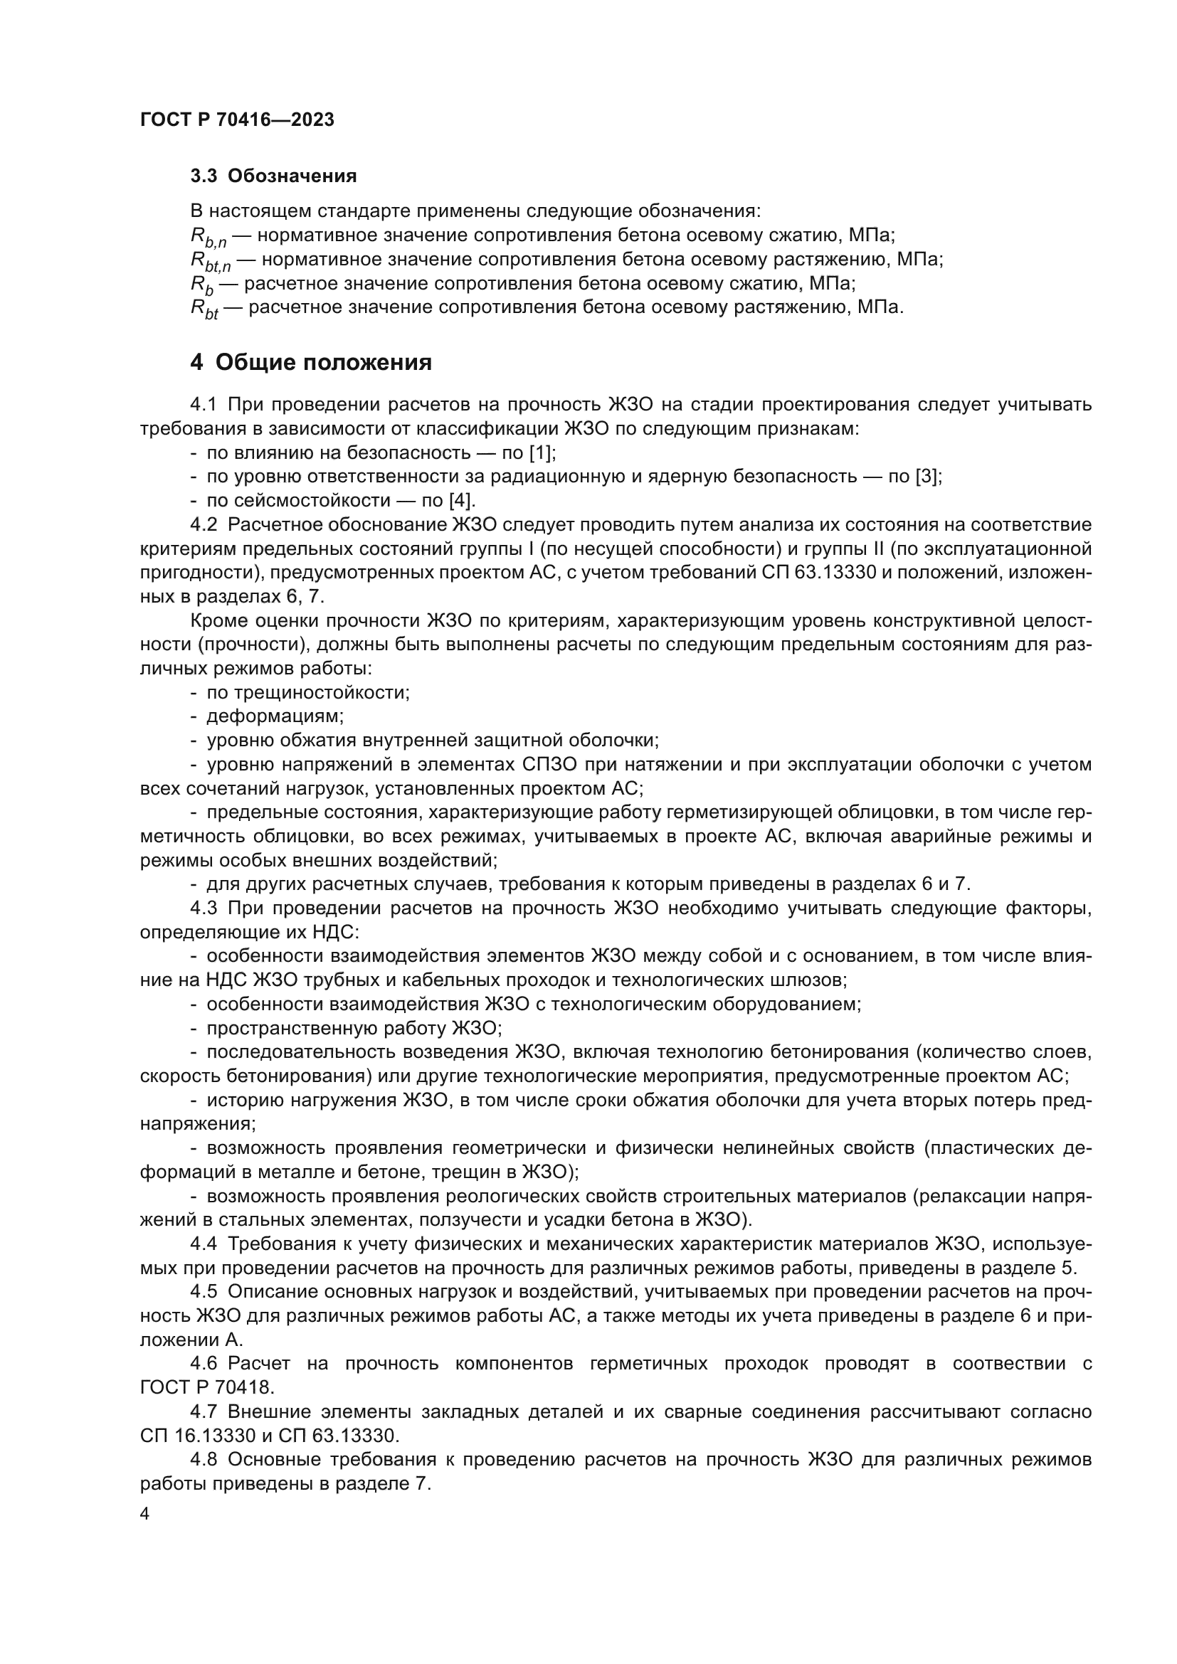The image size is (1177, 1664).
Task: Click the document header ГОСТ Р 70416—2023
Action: [237, 120]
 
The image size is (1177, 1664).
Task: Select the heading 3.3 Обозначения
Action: [273, 176]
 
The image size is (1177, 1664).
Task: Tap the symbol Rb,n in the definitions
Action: [208, 237]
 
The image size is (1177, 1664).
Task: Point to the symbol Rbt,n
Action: [210, 261]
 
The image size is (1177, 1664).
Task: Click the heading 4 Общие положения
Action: [311, 362]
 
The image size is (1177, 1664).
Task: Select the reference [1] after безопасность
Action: [541, 454]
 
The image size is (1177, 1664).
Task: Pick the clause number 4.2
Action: [204, 525]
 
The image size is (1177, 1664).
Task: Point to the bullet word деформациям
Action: [275, 717]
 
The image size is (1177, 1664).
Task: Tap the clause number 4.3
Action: [204, 908]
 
